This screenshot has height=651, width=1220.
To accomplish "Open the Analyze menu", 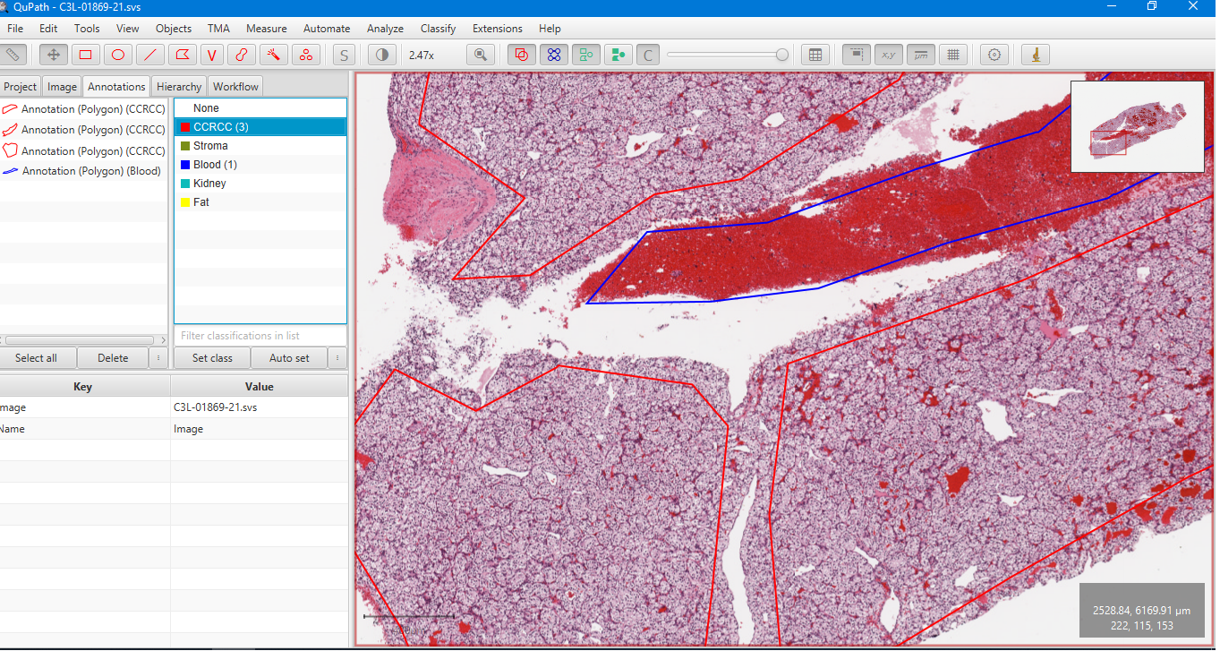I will coord(385,29).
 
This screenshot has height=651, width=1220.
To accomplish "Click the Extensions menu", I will coord(497,29).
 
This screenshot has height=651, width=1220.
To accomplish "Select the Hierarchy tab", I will coord(178,87).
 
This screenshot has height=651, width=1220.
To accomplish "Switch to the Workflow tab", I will coord(235,87).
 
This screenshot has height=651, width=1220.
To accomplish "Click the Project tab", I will coord(20,87).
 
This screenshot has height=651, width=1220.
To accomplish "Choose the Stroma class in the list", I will coord(210,146).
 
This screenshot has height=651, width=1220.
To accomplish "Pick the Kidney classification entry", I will coord(209,184).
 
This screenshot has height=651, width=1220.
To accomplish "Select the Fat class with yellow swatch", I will coord(201,202).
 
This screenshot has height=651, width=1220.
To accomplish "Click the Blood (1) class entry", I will coord(215,165).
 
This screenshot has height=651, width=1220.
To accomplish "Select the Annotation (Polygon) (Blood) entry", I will coord(90,171).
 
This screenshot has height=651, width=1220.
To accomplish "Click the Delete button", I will coord(113,358).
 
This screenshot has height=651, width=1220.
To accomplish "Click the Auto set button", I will coord(289,358).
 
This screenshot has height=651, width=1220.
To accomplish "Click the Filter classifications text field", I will coord(260,336).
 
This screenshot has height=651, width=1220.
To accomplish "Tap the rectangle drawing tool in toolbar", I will coord(86,55).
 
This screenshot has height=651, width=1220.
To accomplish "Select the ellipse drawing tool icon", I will coord(118,55).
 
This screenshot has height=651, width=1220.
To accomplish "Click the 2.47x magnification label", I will coord(422,56).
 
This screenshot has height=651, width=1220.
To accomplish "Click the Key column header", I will coord(82,387).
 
